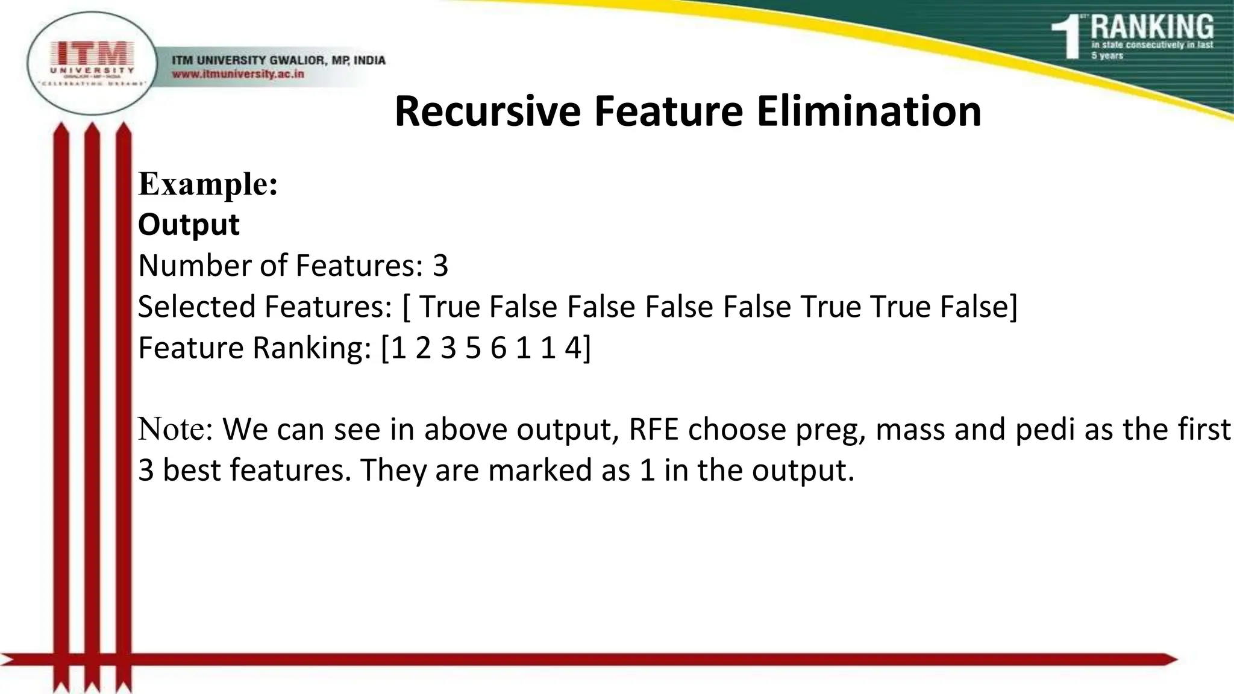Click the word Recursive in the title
pos(487,111)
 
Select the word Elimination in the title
pos(869,111)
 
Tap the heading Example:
pos(208,184)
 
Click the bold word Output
pos(189,225)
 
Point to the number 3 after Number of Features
pos(440,266)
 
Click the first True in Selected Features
pos(449,307)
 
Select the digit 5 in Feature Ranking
pos(473,348)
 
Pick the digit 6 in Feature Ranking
pos(498,348)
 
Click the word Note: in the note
pos(175,430)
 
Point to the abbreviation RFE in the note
pos(654,430)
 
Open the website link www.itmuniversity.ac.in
pos(238,75)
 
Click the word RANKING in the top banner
pos(1152,27)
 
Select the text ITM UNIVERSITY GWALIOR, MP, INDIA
pos(278,60)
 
